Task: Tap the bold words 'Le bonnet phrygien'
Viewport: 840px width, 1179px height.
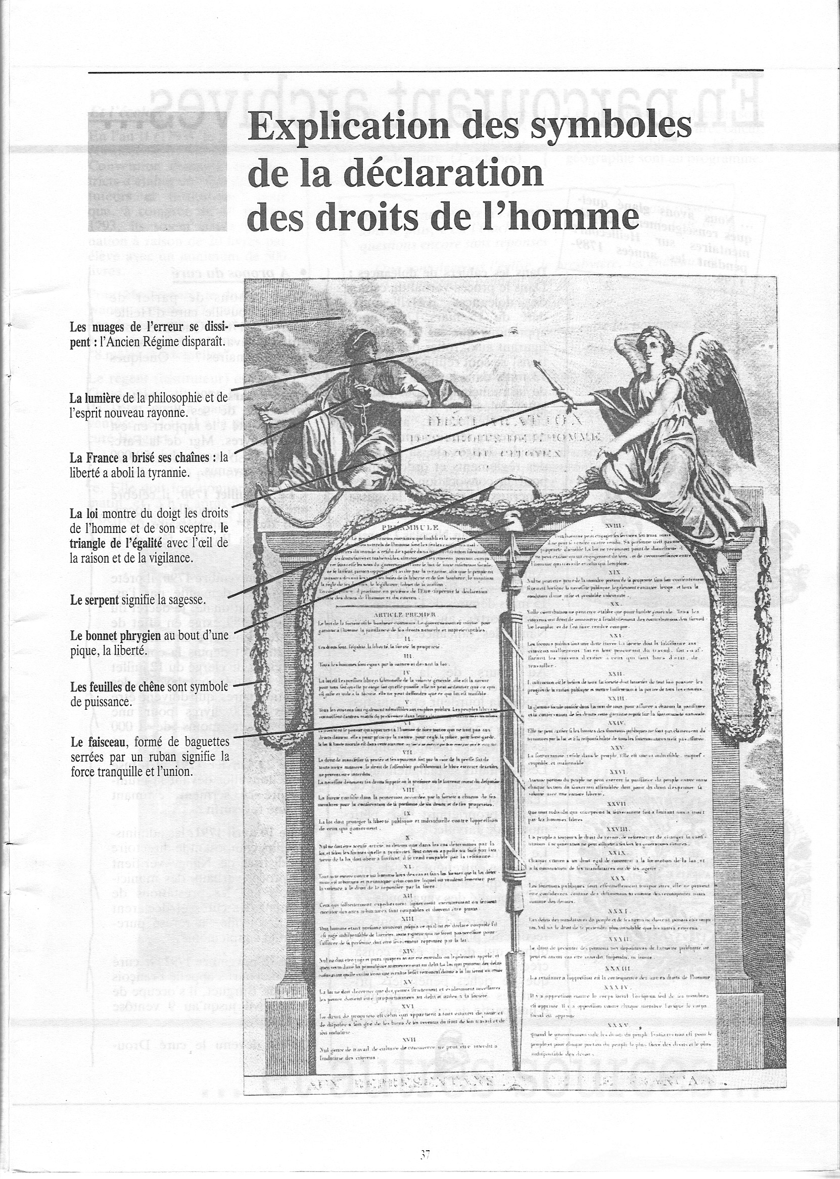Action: click(115, 636)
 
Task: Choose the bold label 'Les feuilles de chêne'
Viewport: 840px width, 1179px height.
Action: click(117, 687)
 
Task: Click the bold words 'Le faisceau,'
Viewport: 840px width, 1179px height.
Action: click(100, 743)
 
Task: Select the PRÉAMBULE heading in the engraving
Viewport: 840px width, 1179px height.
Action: click(408, 527)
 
